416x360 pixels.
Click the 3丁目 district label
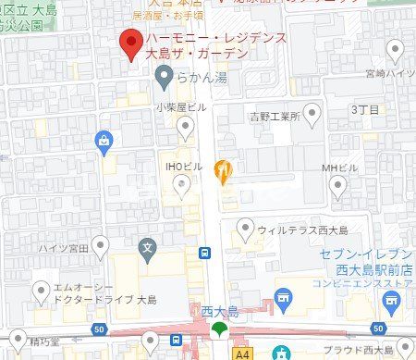point(364,109)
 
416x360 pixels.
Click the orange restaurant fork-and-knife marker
point(222,169)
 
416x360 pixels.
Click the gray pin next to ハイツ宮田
point(100,245)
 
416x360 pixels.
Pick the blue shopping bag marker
point(104,142)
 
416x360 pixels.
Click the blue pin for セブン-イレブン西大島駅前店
point(393,299)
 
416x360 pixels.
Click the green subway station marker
point(219,329)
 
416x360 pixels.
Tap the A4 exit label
point(242,352)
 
